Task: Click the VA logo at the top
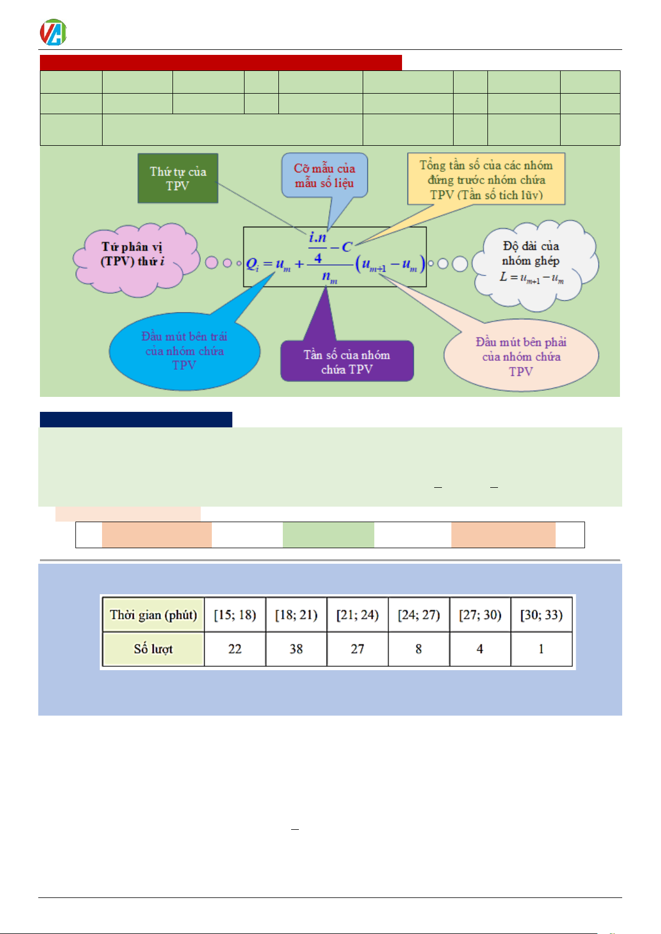point(53,32)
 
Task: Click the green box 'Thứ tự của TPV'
point(177,178)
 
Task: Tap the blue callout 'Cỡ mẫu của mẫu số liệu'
point(324,176)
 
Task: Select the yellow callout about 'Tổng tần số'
point(486,180)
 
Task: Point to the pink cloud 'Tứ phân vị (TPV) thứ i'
point(134,255)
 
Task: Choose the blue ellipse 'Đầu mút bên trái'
point(184,351)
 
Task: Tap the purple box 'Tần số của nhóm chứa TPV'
point(347,361)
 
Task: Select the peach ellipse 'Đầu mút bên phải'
point(521,356)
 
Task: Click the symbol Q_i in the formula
point(252,264)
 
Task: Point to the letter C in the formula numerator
point(347,247)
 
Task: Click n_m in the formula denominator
point(329,277)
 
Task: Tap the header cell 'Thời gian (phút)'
point(154,615)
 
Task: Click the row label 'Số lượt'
point(154,649)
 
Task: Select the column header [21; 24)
point(358,615)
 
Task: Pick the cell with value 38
point(296,649)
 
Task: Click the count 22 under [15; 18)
point(235,649)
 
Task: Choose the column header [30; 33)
point(541,615)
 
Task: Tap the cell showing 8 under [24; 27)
point(419,649)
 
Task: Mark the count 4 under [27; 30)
point(480,649)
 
